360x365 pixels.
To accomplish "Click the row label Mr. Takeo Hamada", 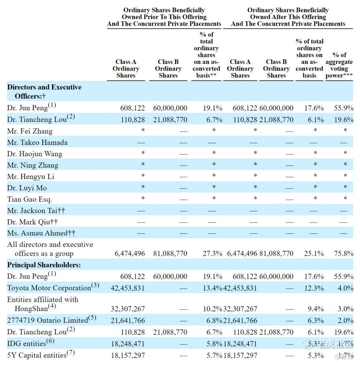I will [x=37, y=143].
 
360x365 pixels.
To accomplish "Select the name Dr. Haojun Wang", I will [x=35, y=154].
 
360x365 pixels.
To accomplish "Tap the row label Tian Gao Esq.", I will [x=30, y=199].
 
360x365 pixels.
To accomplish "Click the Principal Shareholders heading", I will [x=44, y=265].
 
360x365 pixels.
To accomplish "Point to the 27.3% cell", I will [x=212, y=253].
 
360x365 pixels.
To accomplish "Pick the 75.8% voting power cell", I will [x=344, y=253].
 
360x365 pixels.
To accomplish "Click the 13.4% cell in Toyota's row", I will [x=212, y=288].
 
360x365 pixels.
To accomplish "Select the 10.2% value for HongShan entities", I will [x=212, y=309].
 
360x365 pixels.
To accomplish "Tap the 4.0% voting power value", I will [x=345, y=288].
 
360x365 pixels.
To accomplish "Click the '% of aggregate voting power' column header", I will [x=339, y=65].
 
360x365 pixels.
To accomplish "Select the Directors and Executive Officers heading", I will [x=44, y=92].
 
